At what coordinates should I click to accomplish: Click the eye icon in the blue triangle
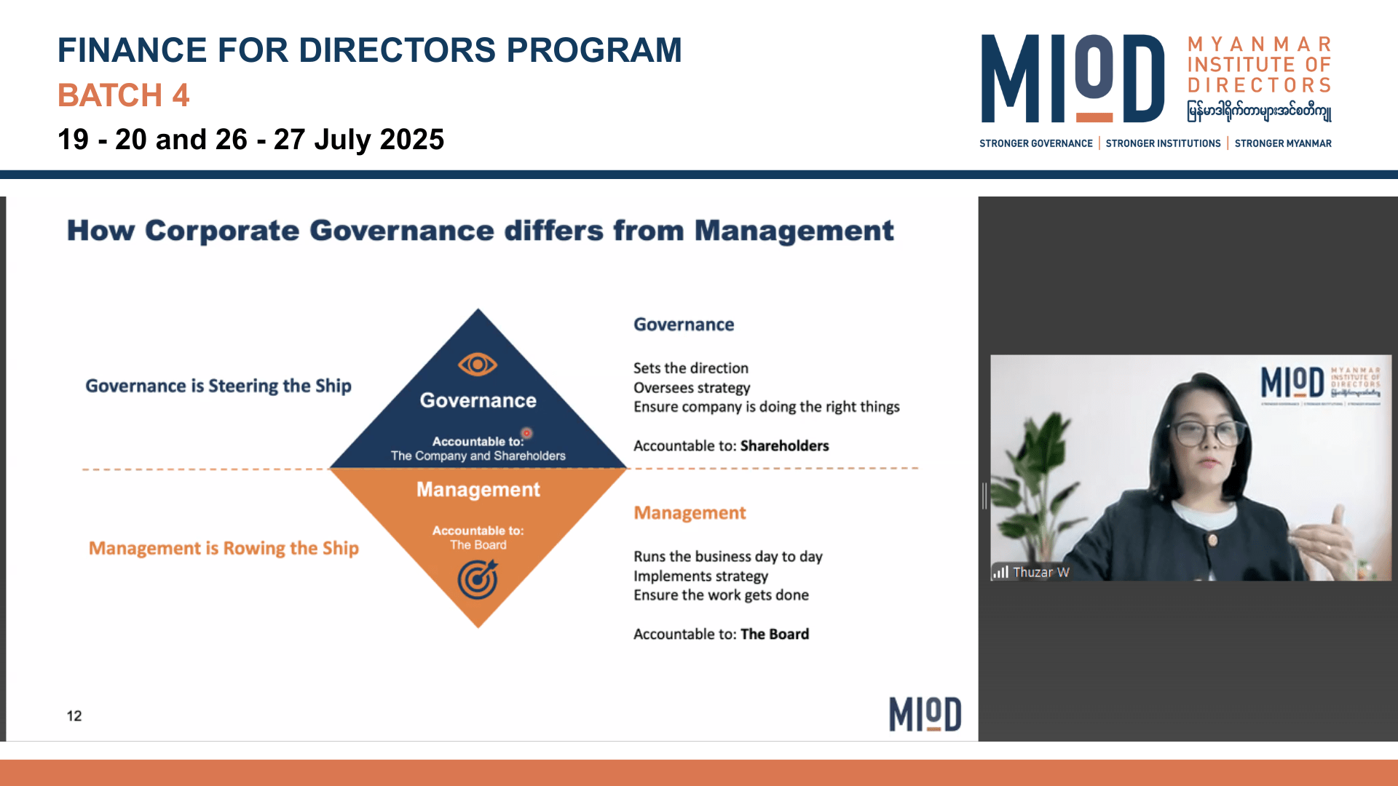478,364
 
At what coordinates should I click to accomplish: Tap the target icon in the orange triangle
478,579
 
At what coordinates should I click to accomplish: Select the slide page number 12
74,716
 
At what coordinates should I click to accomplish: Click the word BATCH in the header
110,95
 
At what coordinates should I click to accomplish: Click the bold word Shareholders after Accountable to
785,446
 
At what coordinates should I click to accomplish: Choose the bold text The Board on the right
775,635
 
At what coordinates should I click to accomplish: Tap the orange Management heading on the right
690,513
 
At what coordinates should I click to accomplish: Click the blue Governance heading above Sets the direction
684,325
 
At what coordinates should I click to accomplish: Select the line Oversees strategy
692,388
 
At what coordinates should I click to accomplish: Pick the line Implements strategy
700,576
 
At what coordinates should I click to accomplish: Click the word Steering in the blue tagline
243,386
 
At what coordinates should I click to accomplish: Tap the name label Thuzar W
1041,572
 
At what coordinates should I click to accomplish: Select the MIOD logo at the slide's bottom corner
925,714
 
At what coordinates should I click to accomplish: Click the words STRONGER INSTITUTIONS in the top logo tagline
1163,143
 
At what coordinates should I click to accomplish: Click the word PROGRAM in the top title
594,50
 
